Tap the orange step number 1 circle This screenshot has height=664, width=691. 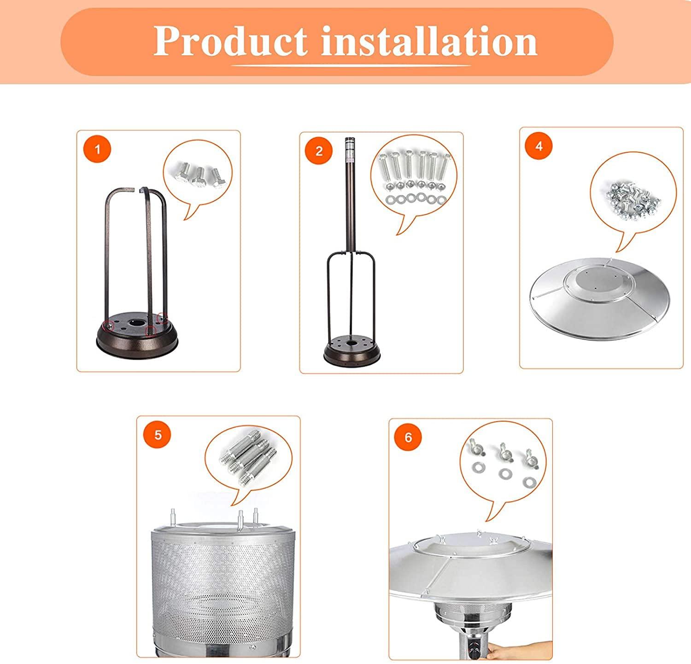pyautogui.click(x=97, y=149)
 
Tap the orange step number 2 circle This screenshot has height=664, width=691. pyautogui.click(x=319, y=151)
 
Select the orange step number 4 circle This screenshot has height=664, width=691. pyautogui.click(x=539, y=146)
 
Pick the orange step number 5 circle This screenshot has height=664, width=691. pyautogui.click(x=158, y=435)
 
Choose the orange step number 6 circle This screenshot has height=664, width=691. pyautogui.click(x=408, y=437)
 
